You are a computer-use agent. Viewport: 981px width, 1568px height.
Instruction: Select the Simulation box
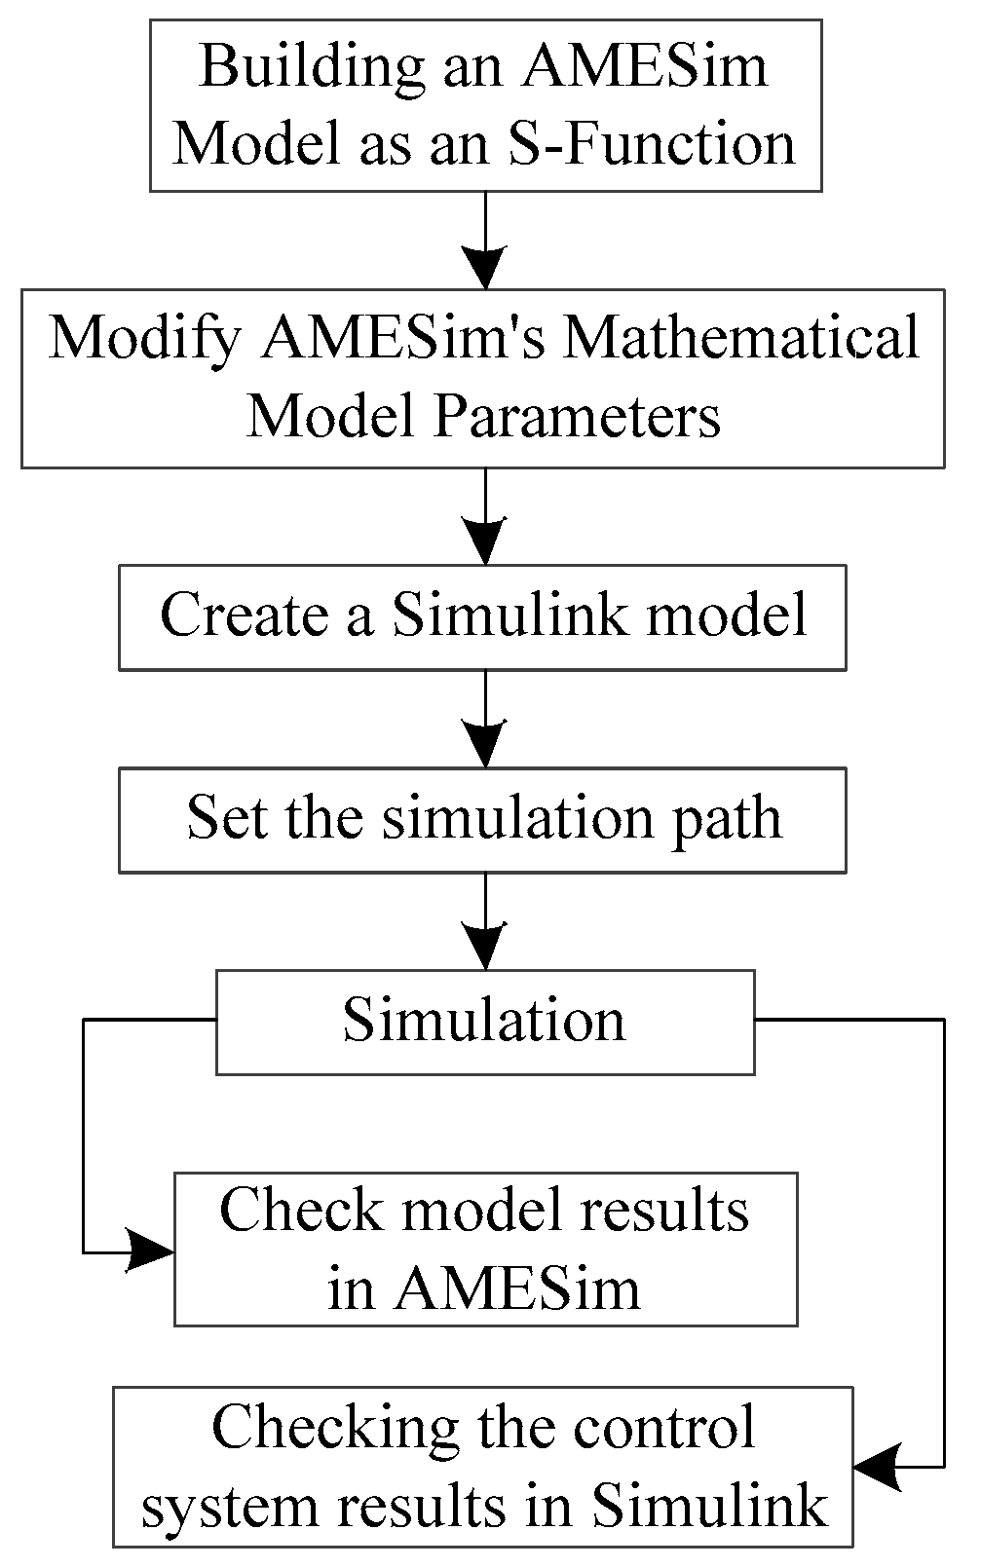484,1022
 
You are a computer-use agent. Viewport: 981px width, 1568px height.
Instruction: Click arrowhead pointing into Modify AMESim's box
485,267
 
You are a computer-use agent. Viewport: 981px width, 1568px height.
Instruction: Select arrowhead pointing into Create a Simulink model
485,543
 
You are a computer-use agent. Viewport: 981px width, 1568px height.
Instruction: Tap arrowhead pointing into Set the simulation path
485,746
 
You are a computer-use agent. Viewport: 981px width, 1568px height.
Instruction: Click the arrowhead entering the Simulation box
485,948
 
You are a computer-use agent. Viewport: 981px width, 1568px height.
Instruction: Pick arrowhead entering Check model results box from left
151,1251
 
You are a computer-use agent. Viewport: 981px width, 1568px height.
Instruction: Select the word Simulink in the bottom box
710,1506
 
